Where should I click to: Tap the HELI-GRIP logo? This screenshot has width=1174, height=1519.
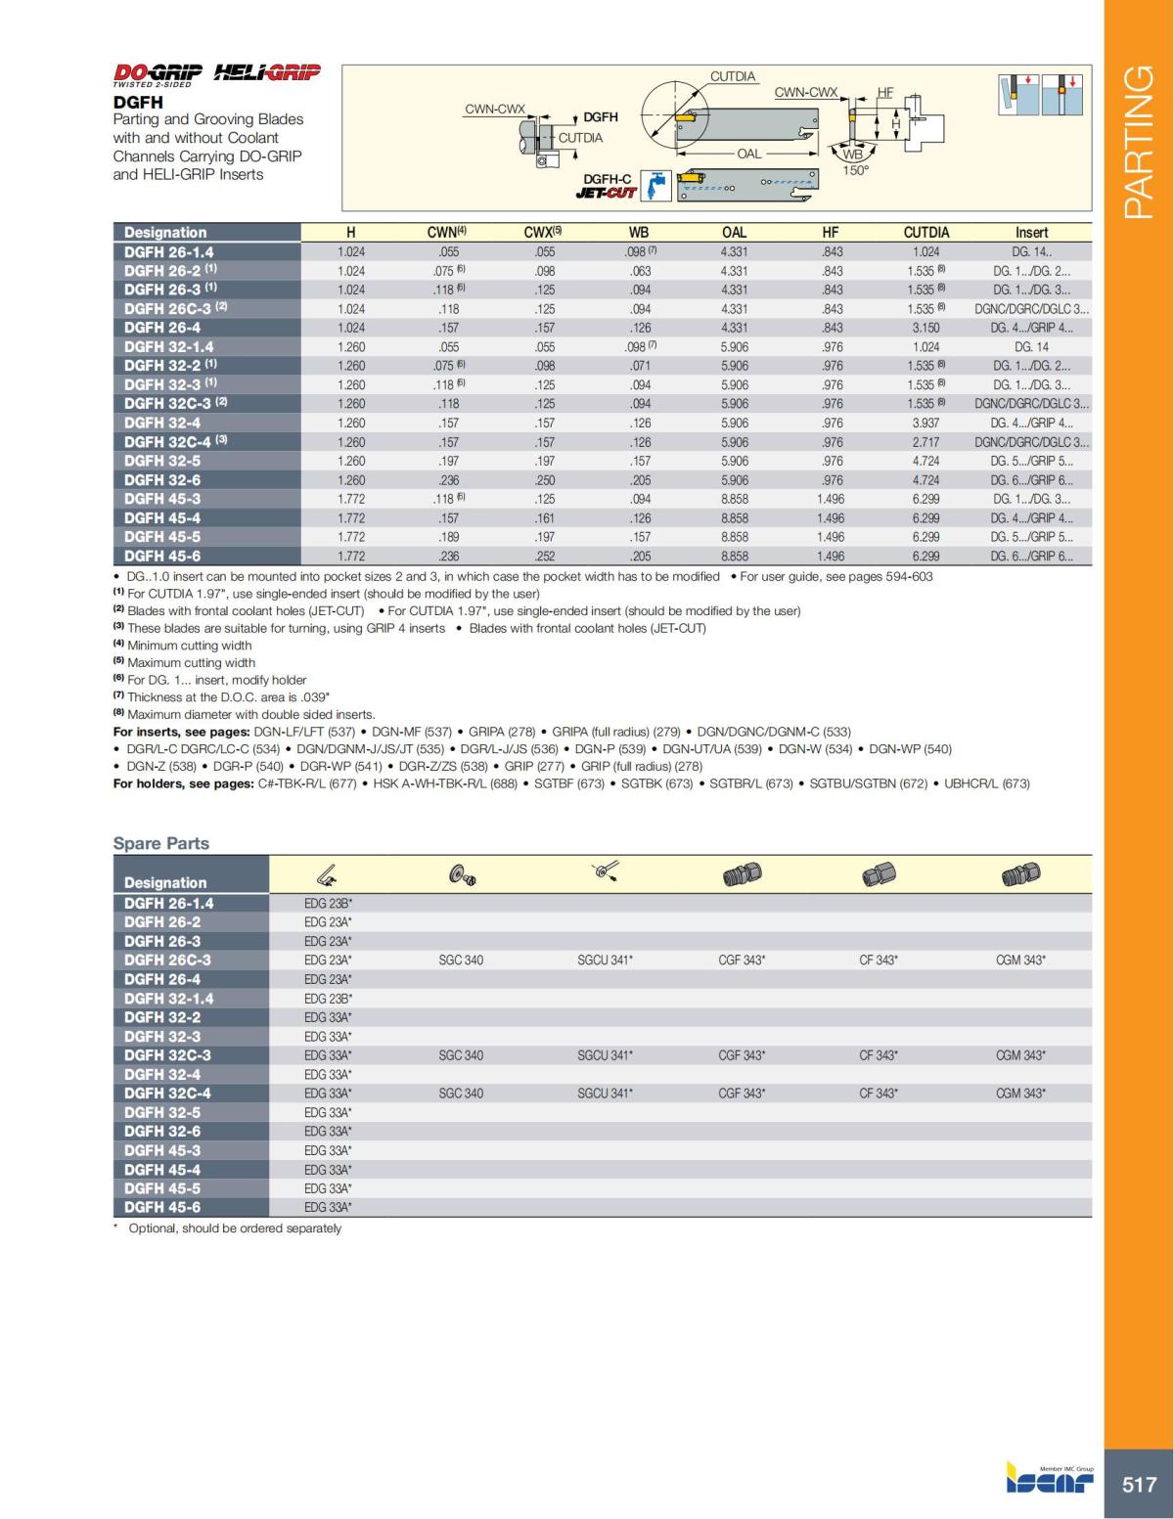click(x=266, y=72)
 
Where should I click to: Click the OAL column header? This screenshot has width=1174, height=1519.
click(x=734, y=233)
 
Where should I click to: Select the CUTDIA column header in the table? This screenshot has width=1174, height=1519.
click(x=926, y=233)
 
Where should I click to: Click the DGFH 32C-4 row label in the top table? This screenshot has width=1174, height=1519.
click(x=167, y=442)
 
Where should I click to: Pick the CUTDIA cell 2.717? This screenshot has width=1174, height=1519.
click(x=926, y=442)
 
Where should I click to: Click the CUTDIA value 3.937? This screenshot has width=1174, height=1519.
click(x=926, y=424)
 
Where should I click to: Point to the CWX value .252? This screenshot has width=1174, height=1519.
click(x=545, y=557)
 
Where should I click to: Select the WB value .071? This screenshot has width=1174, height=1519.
click(x=640, y=366)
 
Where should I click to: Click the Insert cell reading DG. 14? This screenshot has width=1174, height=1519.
click(x=1031, y=347)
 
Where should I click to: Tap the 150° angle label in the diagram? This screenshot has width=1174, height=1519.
click(x=856, y=170)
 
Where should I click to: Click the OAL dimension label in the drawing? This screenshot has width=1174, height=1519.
click(x=749, y=154)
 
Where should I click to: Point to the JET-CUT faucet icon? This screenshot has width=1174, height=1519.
click(x=655, y=187)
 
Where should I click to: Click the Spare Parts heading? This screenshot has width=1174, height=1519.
click(x=161, y=843)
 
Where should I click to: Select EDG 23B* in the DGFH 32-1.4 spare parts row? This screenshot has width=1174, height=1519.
click(x=328, y=999)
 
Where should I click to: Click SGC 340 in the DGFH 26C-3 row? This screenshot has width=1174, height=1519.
click(x=461, y=961)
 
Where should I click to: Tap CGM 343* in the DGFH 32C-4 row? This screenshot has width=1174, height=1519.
click(x=1020, y=1094)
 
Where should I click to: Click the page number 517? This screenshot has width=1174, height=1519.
click(x=1139, y=1485)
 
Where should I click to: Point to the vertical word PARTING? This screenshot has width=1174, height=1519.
click(x=1140, y=142)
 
